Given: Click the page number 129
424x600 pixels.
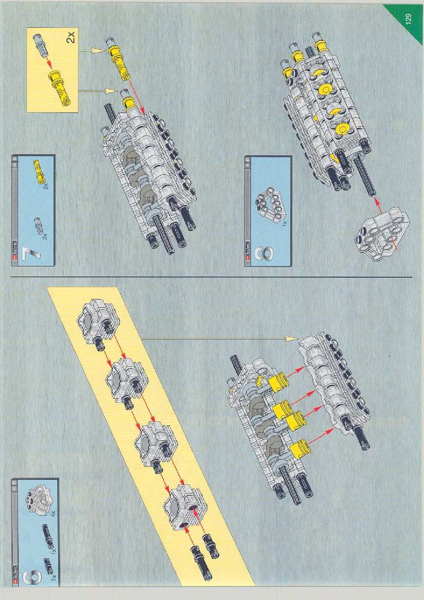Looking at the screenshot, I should (x=408, y=19).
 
